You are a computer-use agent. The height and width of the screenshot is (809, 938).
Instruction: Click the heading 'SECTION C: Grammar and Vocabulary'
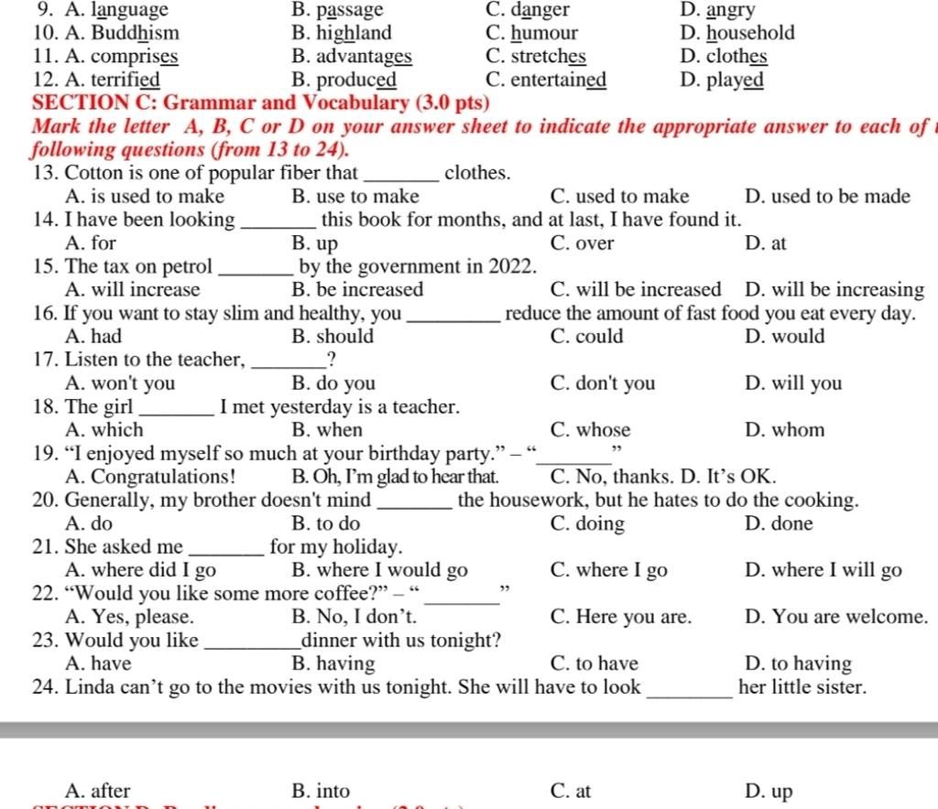click(260, 102)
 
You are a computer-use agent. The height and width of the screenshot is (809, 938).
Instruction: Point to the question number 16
click(45, 314)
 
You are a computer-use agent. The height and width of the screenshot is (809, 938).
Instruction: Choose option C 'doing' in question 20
click(600, 524)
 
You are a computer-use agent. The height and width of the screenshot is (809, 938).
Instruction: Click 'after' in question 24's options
click(110, 791)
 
